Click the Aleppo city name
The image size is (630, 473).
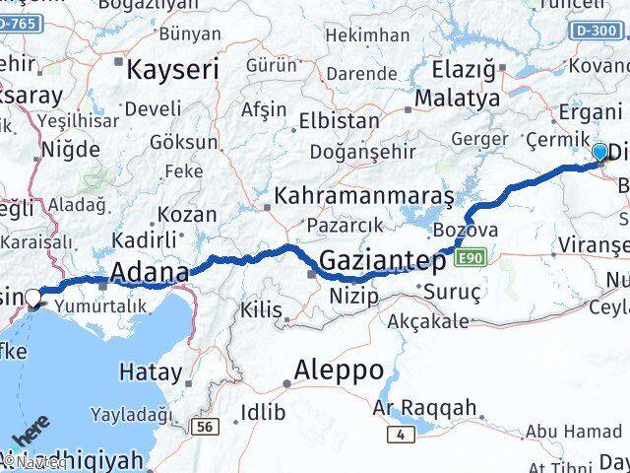(340, 372)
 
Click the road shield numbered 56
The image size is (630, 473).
(205, 425)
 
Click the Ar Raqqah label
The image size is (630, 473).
(425, 407)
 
